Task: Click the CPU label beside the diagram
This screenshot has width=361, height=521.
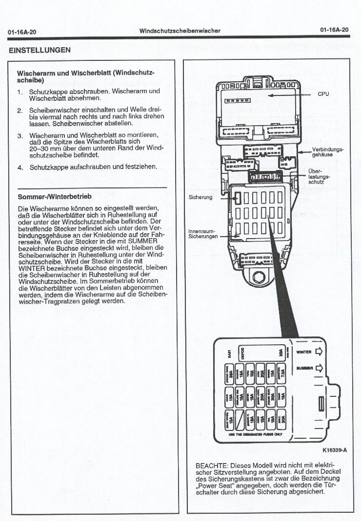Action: point(323,94)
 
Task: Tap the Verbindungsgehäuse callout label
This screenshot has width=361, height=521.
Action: point(328,151)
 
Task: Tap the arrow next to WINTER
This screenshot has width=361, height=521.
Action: point(320,352)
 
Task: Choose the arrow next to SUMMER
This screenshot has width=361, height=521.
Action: point(320,368)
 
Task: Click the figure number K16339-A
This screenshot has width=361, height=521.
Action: point(334,450)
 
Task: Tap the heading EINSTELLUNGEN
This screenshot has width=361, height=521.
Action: point(40,50)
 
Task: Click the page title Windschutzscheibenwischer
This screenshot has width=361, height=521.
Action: point(180,31)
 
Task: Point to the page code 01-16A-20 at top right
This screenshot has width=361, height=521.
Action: point(335,30)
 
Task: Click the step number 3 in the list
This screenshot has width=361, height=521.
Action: point(20,135)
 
